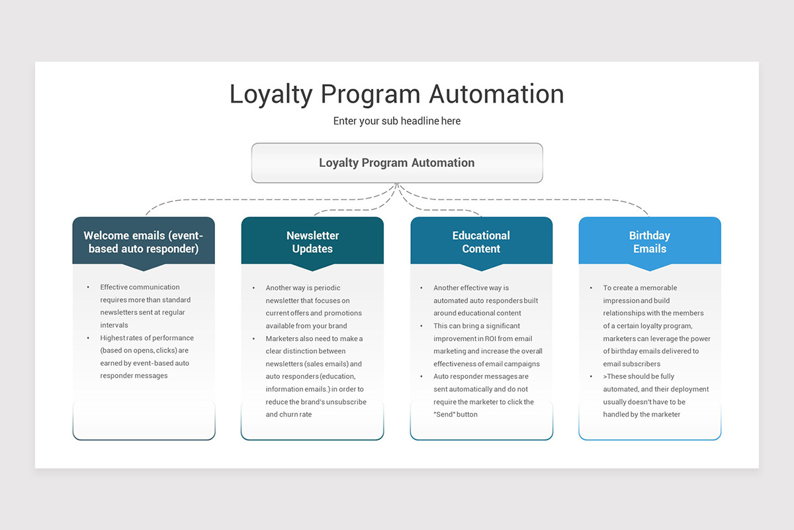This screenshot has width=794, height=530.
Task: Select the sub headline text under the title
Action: (x=397, y=121)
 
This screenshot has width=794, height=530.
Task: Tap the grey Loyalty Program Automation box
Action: (x=397, y=163)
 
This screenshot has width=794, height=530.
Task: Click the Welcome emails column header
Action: (x=144, y=242)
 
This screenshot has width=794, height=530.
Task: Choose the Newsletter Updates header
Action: (x=312, y=242)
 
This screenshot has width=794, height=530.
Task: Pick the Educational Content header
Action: (x=481, y=242)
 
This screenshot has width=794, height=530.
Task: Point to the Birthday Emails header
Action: (x=650, y=242)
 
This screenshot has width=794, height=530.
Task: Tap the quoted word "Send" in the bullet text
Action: (x=444, y=415)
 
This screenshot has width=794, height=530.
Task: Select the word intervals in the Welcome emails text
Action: (x=114, y=325)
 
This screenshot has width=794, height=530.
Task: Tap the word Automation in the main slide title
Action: (x=496, y=94)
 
